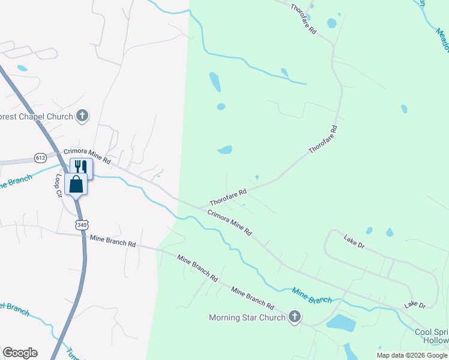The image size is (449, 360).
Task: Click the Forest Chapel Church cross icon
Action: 83,116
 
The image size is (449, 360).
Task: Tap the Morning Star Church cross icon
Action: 294,317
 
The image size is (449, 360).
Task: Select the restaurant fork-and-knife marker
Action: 81,167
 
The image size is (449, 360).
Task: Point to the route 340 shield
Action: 82,224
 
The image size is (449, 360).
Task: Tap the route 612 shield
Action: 41,158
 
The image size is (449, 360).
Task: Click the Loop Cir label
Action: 60,185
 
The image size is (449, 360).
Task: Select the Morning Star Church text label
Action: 247,317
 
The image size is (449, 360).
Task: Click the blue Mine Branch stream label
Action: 312,295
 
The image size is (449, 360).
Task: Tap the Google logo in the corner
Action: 20,353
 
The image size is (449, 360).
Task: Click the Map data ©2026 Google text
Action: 412,355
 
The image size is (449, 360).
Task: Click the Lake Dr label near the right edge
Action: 415,305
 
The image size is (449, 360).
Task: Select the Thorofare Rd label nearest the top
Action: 303,18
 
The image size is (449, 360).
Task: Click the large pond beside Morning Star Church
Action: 340,323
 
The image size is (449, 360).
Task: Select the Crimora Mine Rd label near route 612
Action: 88,157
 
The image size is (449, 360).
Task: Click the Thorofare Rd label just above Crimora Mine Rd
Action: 228,197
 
